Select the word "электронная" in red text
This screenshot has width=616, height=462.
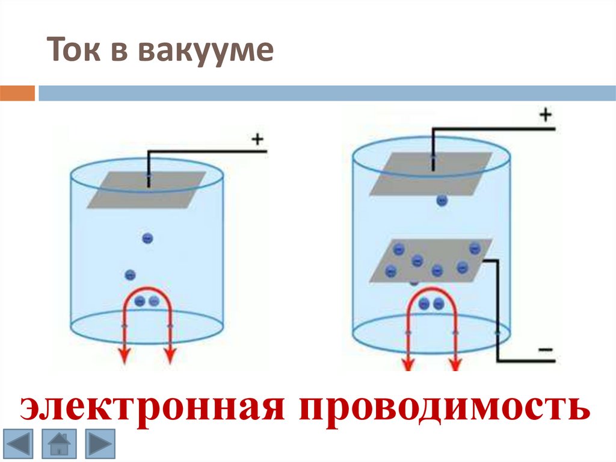pos(150,408)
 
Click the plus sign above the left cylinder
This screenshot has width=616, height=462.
pos(257,140)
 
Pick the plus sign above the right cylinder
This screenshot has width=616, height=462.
pos(546,114)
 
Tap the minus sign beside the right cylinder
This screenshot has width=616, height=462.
pos(544,350)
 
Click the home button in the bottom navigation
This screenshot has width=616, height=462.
pos(58,445)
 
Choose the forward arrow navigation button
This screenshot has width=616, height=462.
pos(99,445)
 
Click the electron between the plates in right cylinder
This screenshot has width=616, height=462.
pos(442,201)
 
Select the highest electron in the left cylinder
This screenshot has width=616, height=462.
pos(147,239)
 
